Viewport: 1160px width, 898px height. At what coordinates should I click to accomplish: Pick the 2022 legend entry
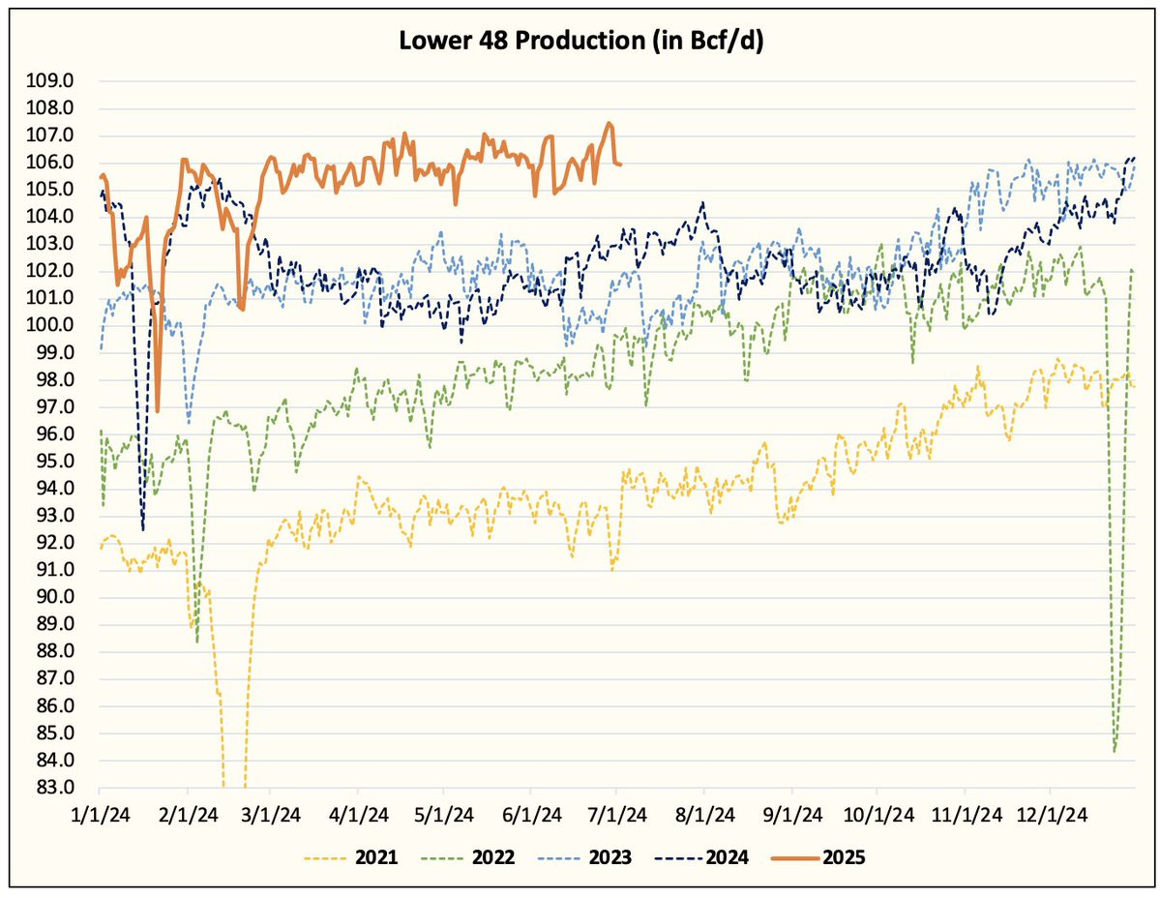pyautogui.click(x=493, y=857)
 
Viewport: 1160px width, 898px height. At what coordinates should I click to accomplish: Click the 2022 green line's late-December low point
pyautogui.click(x=1115, y=750)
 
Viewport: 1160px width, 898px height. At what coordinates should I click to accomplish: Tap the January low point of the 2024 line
pyautogui.click(x=143, y=529)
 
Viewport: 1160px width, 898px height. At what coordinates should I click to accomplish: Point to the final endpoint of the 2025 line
pyautogui.click(x=620, y=165)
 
